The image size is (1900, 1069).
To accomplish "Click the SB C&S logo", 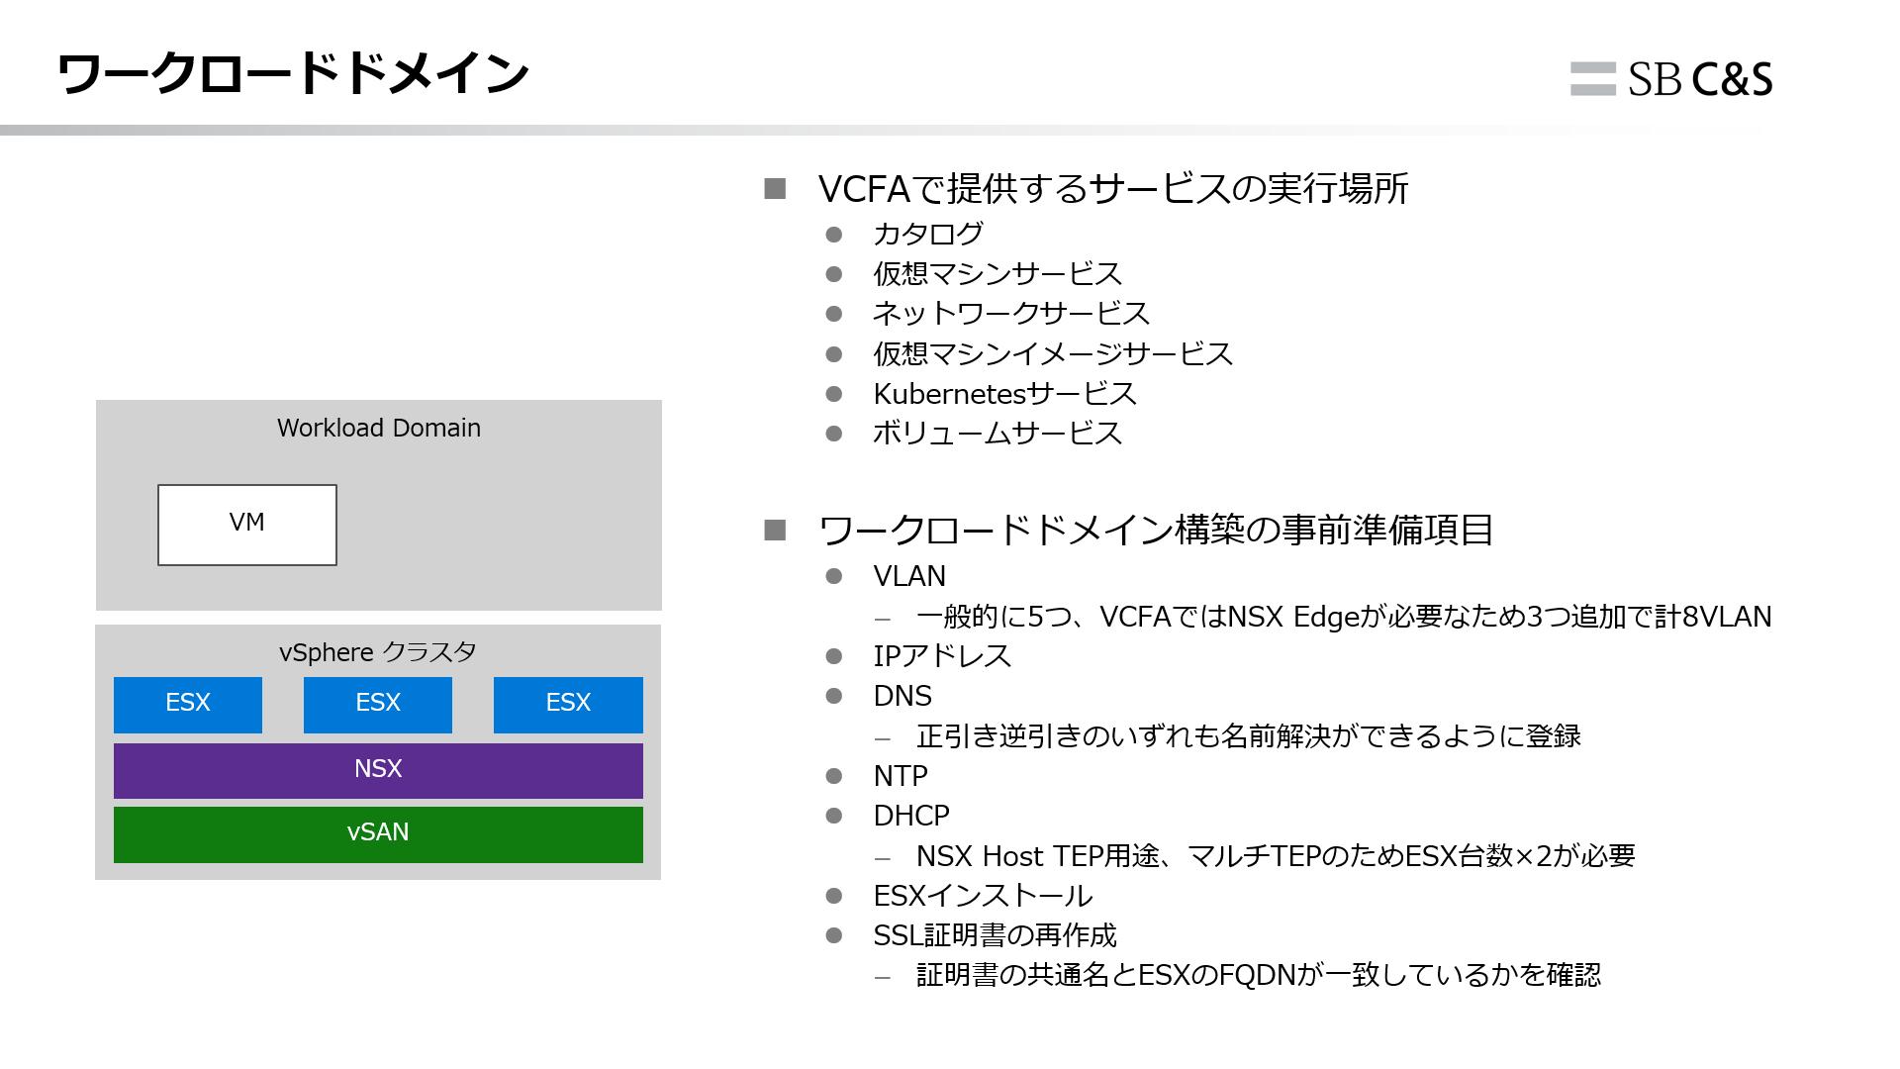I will click(1671, 79).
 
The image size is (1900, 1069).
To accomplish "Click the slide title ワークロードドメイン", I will click(293, 74).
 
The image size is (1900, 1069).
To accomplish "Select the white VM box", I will click(247, 525).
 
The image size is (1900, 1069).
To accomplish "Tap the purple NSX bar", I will click(378, 770).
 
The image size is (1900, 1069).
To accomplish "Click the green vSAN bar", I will click(378, 833).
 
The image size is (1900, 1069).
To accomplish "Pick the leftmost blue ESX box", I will click(188, 704).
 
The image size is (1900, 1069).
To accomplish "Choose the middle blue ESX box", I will click(378, 704).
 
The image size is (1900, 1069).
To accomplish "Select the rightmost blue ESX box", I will click(568, 704).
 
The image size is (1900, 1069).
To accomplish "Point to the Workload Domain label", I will click(379, 428).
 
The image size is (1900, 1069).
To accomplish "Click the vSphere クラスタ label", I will click(378, 652).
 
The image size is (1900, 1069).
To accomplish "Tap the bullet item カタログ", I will click(928, 235).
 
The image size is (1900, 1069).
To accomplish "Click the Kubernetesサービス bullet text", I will click(1004, 394).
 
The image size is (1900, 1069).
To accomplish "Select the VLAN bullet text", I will click(909, 576).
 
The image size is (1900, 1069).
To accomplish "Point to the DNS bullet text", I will click(902, 696).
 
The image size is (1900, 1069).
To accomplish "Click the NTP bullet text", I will click(901, 776).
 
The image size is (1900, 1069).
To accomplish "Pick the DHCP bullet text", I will click(911, 816).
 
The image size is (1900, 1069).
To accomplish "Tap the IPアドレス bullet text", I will click(942, 656).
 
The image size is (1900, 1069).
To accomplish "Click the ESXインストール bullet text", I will click(983, 896).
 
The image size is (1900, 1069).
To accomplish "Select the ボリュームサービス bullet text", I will click(997, 434).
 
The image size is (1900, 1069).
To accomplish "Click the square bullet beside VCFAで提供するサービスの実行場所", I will click(775, 189).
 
